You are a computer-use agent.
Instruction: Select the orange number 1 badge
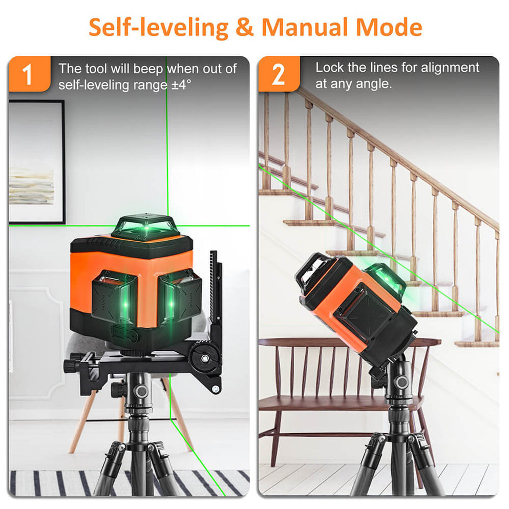coord(29,75)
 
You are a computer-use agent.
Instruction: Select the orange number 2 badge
coord(278,75)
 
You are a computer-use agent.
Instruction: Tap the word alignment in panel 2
coord(447,68)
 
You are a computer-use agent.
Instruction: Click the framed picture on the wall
coord(36,161)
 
